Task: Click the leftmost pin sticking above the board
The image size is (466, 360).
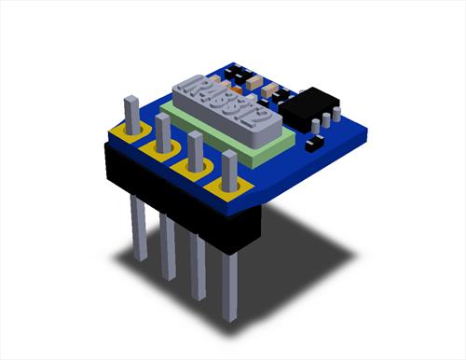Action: click(133, 112)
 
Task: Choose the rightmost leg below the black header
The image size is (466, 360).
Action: click(229, 284)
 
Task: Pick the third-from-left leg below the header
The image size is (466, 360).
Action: click(198, 266)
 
